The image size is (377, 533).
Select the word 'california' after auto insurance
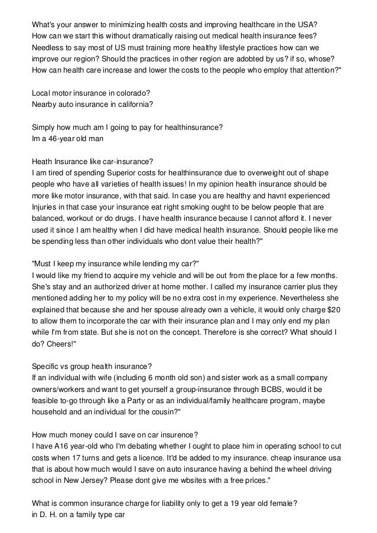click(x=133, y=104)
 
